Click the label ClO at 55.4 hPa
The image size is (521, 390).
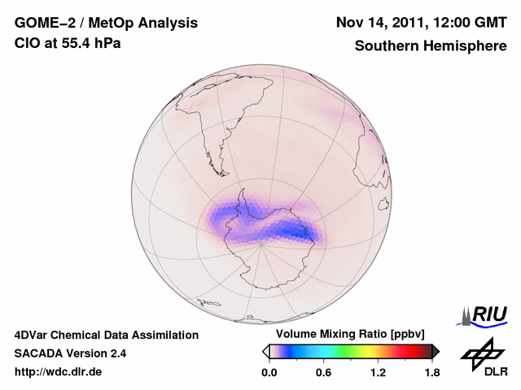[68, 43]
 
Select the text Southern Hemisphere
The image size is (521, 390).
[430, 46]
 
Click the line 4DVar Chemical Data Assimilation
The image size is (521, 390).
[107, 335]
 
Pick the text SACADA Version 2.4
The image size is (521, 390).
[71, 353]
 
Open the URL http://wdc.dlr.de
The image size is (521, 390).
[59, 372]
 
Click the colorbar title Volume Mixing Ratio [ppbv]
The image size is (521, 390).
[347, 334]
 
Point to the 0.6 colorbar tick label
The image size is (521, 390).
[323, 372]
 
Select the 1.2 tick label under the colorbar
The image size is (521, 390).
[378, 372]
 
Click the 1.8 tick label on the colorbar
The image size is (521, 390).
[431, 372]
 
